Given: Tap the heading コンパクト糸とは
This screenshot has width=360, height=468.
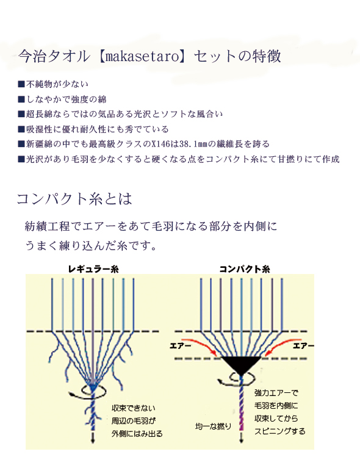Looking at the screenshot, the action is tap(74, 199).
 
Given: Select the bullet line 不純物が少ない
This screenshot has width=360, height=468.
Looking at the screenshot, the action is tap(53, 84).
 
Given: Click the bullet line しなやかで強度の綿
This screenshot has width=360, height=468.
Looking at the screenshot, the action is tap(62, 99).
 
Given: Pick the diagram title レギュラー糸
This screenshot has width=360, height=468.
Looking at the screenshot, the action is tap(93, 269).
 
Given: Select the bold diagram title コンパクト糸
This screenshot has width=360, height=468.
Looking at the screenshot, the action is tap(245, 269).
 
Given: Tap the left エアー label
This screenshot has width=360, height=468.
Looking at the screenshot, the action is tap(180, 345).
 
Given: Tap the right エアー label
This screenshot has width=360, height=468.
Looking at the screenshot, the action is tap(303, 345).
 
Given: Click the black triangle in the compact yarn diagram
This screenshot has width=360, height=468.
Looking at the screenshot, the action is tap(241, 364).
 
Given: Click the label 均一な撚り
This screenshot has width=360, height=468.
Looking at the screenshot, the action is tap(213, 427).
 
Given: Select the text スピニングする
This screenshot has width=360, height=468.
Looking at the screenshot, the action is tap(279, 431).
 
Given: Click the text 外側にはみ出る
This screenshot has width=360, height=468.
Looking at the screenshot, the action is tap(137, 434).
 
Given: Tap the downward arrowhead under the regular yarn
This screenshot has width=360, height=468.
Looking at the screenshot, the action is tap(93, 441).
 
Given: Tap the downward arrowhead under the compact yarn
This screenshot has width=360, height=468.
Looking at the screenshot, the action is tap(241, 441).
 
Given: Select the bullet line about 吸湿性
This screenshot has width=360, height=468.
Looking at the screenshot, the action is tap(93, 129).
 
